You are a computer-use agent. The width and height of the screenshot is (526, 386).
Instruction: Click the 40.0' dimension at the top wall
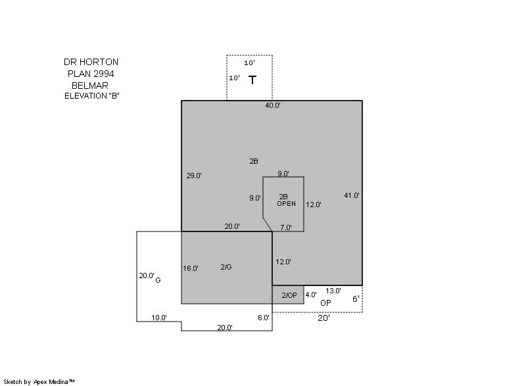coord(273,105)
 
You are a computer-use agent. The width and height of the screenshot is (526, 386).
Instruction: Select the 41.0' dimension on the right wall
coord(352,195)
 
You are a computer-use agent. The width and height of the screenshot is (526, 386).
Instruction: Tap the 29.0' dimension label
coord(194,176)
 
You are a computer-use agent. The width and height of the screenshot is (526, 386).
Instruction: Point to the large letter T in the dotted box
coord(252,80)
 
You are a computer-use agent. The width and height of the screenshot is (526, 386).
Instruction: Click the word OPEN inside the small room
coord(287,204)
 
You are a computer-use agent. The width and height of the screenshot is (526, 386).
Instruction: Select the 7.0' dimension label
coord(286,228)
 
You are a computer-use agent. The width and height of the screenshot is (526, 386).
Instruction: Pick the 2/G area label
coord(226,267)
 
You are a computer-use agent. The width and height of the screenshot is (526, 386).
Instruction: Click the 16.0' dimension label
coord(191,268)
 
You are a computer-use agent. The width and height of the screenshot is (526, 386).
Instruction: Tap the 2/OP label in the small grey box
coord(289,295)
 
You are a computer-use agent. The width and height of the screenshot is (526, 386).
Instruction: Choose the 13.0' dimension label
coord(333,291)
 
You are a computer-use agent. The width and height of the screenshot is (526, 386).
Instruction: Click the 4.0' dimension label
coord(311,295)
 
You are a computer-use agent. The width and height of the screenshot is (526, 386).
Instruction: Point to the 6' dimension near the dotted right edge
coord(356,299)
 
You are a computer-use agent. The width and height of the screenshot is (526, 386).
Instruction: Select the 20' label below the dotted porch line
coord(323,318)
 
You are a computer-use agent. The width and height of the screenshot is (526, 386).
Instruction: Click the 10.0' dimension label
coord(159,318)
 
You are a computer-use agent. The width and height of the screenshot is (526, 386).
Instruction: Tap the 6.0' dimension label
coord(264,318)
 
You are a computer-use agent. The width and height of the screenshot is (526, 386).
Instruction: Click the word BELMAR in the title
coord(90,85)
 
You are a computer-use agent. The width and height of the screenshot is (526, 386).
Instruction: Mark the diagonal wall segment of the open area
coord(268,224)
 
